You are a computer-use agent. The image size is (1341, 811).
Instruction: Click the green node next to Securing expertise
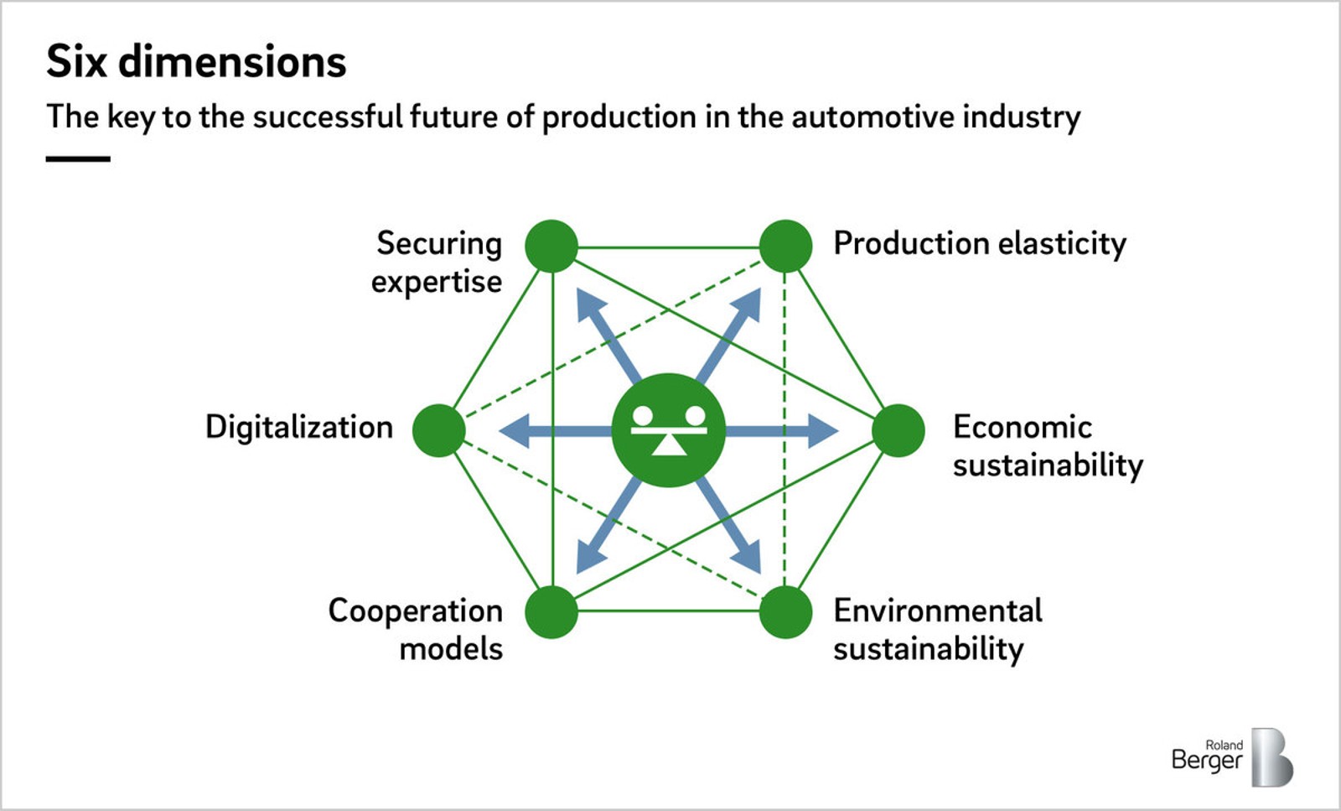[x=551, y=247]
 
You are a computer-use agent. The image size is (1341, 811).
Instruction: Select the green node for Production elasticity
[x=785, y=247]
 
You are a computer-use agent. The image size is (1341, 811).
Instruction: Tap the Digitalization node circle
[x=439, y=430]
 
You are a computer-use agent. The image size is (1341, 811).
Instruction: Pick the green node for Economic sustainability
[x=898, y=430]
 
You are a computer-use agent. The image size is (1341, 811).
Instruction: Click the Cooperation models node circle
[x=551, y=612]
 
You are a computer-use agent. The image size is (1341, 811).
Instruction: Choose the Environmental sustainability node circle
[x=785, y=612]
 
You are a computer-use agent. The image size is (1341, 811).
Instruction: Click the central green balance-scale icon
[x=669, y=430]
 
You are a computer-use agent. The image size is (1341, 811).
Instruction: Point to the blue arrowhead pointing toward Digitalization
[x=514, y=430]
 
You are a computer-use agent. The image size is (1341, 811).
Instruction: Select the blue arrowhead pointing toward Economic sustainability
[x=823, y=430]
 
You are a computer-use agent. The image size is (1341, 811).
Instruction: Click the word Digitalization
[x=299, y=428]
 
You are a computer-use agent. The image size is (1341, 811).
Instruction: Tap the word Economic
[x=1023, y=427]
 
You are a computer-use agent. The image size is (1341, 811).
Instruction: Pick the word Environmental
[x=938, y=611]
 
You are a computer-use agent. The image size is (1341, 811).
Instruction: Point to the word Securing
[x=439, y=244]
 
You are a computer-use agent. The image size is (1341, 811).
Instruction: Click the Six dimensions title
[x=196, y=61]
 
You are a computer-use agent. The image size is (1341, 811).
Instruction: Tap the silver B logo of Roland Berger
[x=1271, y=757]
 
